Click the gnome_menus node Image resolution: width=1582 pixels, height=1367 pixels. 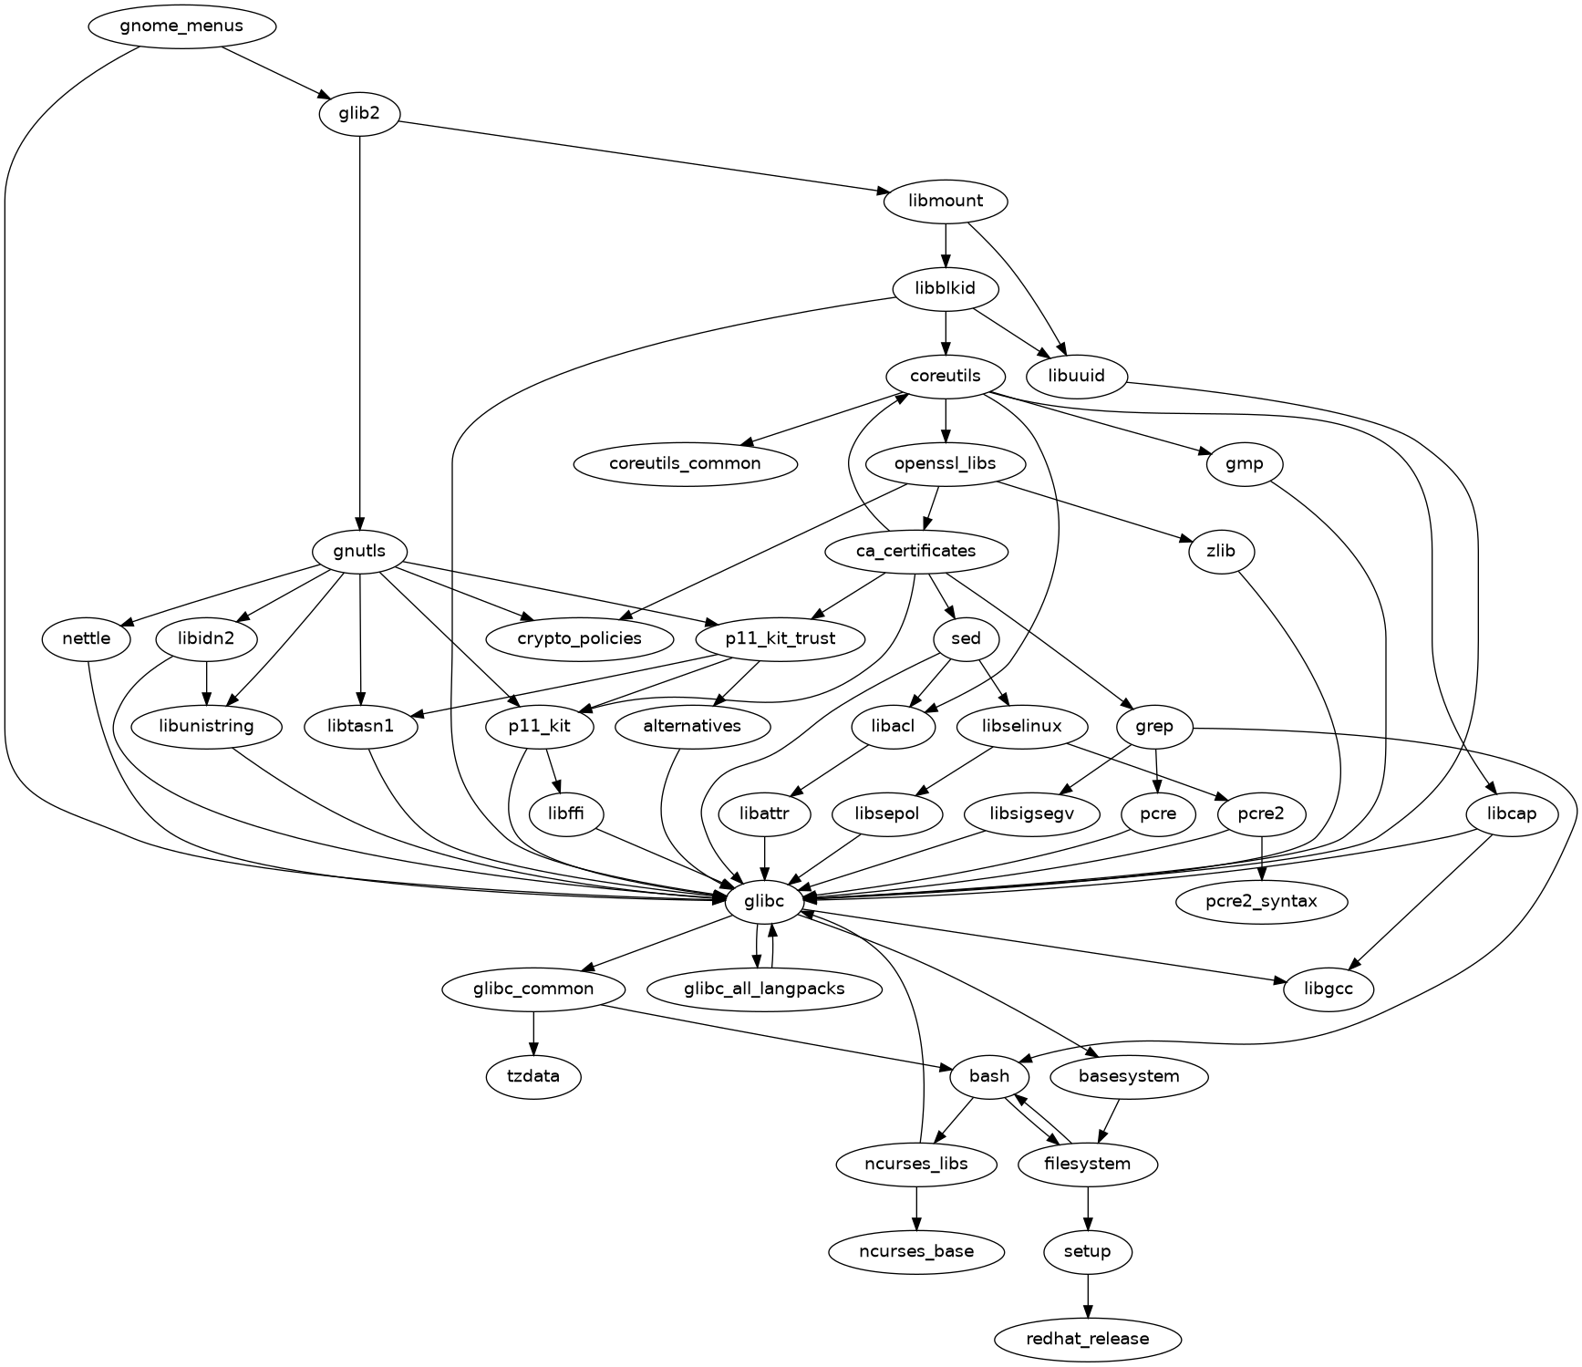[x=181, y=26]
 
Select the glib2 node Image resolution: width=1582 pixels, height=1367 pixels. [x=360, y=114]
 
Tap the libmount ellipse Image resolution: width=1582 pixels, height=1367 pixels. [x=946, y=202]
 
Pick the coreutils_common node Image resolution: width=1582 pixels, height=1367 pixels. [x=685, y=463]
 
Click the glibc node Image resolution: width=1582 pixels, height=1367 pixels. [x=764, y=902]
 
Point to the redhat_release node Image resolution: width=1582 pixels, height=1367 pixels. [x=1088, y=1339]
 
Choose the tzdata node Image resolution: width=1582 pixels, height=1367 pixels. [x=533, y=1076]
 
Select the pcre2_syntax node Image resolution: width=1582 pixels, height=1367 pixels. [x=1262, y=902]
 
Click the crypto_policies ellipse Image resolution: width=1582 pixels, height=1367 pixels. [x=579, y=638]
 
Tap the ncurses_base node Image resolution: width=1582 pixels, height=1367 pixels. [x=916, y=1251]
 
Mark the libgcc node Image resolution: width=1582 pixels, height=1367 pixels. [x=1329, y=989]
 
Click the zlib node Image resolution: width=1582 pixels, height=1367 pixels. [x=1221, y=551]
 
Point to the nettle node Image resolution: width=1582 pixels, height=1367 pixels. [x=87, y=638]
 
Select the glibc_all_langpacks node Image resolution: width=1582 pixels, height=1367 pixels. [x=764, y=989]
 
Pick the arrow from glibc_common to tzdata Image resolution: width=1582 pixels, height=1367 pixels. [x=533, y=1032]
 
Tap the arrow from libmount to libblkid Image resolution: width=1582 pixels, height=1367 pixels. [x=946, y=245]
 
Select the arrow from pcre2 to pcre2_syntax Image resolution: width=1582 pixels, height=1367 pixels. [x=1262, y=858]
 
